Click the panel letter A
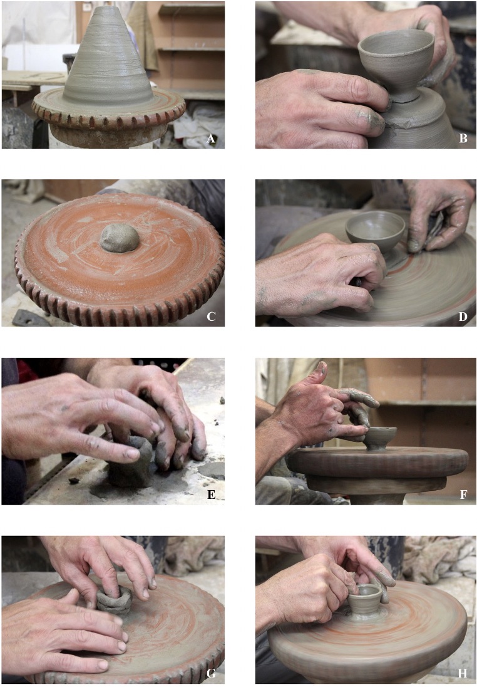tap(211, 139)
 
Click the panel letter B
tap(463, 139)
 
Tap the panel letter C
tap(211, 317)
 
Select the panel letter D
tap(463, 317)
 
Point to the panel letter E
tap(211, 495)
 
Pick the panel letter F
tap(463, 495)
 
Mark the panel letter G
tap(211, 673)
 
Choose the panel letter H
tap(463, 673)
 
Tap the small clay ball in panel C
tap(120, 238)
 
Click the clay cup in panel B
tap(396, 59)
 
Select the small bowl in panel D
tap(376, 231)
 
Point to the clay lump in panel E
tap(130, 462)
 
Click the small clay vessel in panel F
tap(381, 438)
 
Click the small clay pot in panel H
tap(365, 598)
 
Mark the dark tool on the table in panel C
tap(31, 318)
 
